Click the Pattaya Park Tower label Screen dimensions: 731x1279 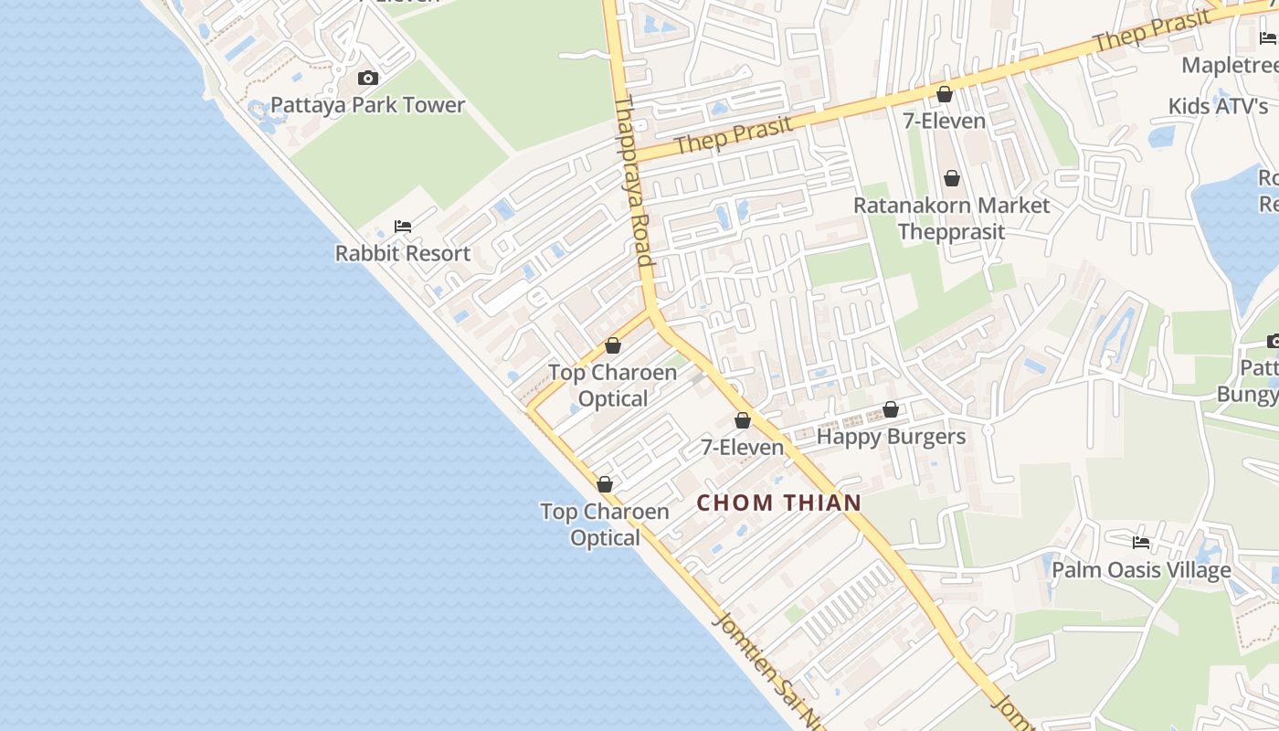point(368,105)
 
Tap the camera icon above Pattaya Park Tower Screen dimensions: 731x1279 point(368,79)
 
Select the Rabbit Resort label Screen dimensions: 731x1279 point(403,253)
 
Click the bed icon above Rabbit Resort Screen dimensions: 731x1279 point(403,227)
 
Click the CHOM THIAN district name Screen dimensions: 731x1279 point(779,503)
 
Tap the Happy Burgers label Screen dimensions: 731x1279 point(891,437)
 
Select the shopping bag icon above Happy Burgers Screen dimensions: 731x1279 point(891,410)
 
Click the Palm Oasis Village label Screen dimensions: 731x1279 point(1141,570)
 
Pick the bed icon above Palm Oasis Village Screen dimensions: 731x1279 point(1141,543)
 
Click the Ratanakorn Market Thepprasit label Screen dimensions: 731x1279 point(952,217)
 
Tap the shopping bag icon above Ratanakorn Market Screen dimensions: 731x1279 point(952,178)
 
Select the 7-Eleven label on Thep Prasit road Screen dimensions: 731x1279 point(945,121)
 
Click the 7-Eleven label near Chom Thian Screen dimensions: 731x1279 point(743,447)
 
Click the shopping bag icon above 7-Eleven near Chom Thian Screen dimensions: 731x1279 point(743,420)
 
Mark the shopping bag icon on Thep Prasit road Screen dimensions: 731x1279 point(945,94)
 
